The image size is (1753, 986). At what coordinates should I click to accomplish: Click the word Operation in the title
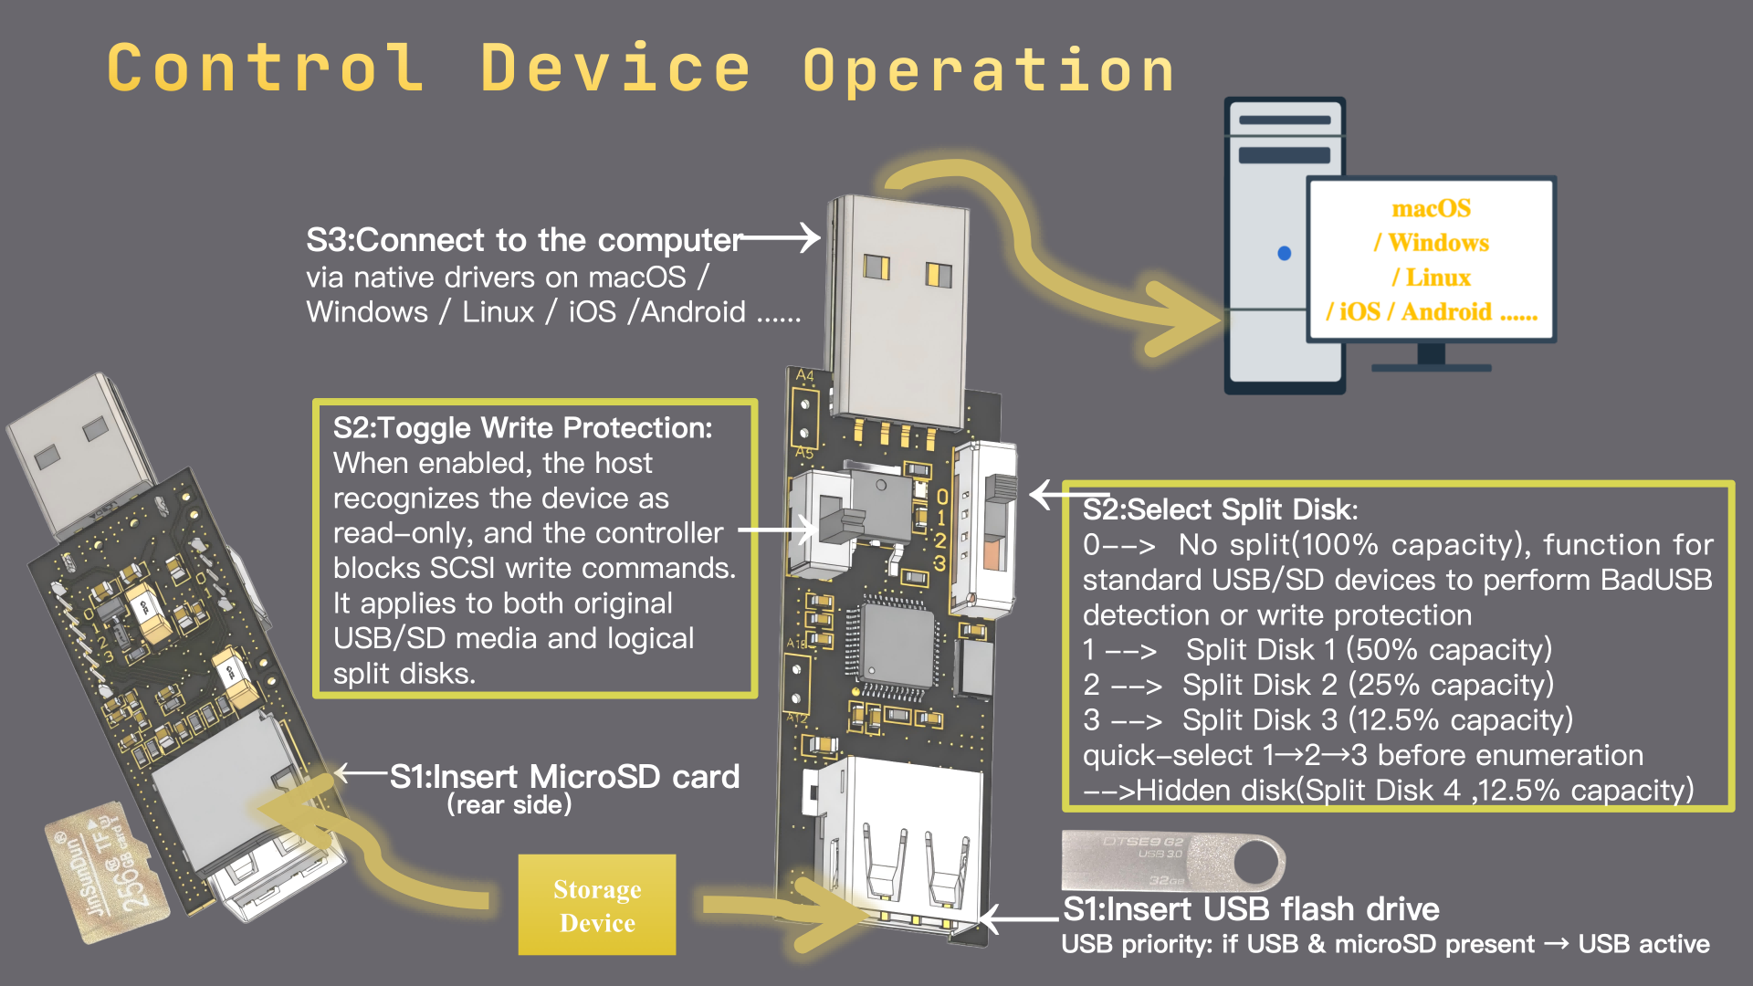[989, 71]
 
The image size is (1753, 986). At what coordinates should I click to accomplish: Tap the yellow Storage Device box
[597, 906]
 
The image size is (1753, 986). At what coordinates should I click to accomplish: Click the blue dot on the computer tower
[1284, 253]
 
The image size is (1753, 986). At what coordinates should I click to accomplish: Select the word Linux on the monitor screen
[1437, 278]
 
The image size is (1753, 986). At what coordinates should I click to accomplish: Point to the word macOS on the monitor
[1431, 209]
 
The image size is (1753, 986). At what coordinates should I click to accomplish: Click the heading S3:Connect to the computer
[524, 240]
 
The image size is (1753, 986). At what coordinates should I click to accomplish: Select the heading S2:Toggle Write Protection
[522, 428]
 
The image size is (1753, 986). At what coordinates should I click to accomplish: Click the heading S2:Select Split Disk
[1220, 509]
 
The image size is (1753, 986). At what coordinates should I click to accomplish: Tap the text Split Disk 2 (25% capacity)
[1367, 685]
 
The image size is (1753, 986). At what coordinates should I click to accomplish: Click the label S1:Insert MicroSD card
[564, 777]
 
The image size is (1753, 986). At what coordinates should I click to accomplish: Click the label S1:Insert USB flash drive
[1251, 909]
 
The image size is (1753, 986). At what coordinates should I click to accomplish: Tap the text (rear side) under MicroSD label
[509, 805]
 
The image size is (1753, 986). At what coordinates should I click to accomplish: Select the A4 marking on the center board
[804, 375]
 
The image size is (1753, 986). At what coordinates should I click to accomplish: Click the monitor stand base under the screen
[1431, 367]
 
